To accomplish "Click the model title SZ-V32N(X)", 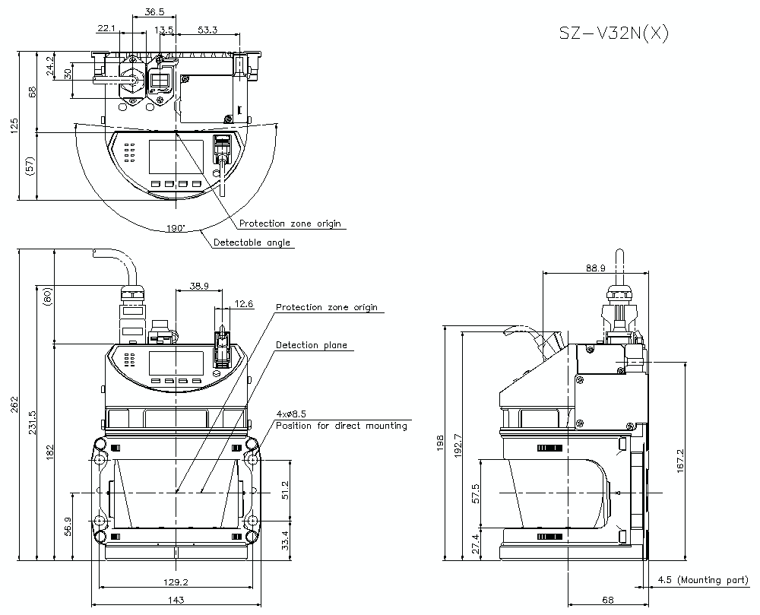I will pos(614,34).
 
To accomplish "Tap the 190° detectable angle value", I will pos(176,227).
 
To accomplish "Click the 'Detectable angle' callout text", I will pos(252,243).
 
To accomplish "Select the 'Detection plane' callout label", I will pos(311,345).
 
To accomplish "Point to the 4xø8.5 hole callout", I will pos(292,414).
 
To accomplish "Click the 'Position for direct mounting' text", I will pos(341,426).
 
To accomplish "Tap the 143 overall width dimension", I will pos(176,601).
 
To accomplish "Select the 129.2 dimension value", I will pos(176,582).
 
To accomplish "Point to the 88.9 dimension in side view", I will pos(595,268).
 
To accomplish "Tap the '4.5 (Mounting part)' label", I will pos(701,580).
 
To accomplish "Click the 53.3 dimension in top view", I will pos(207,30).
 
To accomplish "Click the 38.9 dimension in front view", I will pos(199,286).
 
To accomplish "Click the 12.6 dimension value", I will pos(243,304).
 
